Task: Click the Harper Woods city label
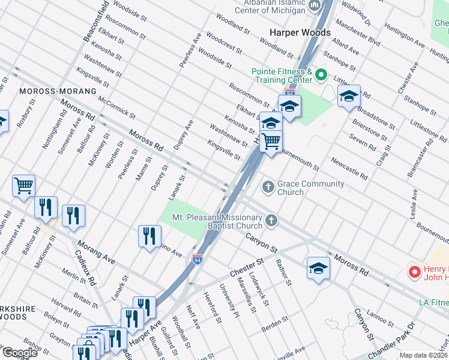tap(300, 32)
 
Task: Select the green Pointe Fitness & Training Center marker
tap(321, 75)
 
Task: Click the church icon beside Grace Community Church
tap(268, 188)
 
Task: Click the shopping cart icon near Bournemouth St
tap(271, 142)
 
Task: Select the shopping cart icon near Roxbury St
tap(24, 185)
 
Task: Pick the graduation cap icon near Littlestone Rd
tap(349, 96)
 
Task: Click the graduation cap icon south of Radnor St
tap(318, 268)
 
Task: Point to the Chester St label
tap(247, 268)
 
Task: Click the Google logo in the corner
tap(20, 353)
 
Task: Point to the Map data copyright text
tap(423, 355)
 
